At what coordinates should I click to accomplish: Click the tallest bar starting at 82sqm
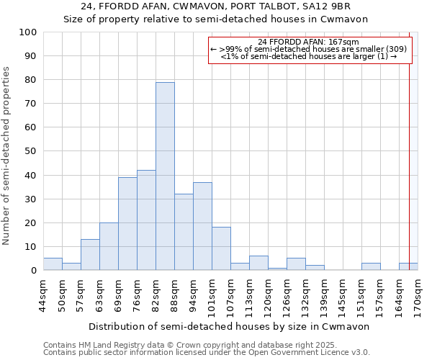point(165,176)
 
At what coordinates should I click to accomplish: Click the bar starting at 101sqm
point(221,249)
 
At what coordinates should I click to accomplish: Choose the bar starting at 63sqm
point(109,246)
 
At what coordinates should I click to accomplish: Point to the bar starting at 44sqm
point(53,264)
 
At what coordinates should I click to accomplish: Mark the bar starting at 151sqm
point(371,266)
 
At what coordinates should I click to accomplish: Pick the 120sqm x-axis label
point(268,295)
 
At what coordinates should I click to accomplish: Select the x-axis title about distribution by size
point(230,326)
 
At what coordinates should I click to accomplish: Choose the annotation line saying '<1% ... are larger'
point(309,56)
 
